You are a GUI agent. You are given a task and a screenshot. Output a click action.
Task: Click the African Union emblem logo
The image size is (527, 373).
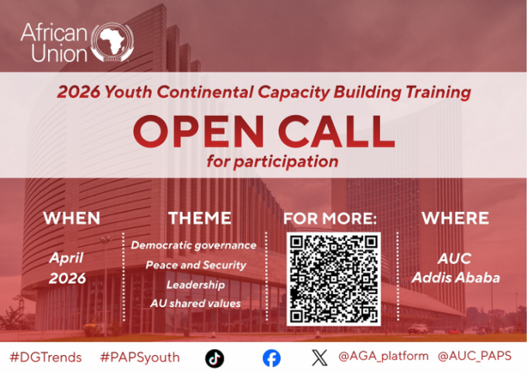(112, 43)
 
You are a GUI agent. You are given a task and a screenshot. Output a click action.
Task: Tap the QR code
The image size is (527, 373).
(334, 279)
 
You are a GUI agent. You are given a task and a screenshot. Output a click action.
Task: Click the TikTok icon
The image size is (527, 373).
(214, 358)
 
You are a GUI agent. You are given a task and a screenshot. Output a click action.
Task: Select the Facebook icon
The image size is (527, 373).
(271, 358)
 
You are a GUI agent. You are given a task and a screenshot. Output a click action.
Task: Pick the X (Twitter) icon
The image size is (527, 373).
(319, 358)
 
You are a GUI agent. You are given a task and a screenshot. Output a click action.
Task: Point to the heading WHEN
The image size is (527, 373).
(71, 219)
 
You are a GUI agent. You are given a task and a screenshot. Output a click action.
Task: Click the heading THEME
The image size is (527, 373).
(200, 219)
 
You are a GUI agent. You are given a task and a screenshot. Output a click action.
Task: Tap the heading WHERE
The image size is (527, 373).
(455, 219)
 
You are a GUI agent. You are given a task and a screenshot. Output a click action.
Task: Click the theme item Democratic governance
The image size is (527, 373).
(193, 245)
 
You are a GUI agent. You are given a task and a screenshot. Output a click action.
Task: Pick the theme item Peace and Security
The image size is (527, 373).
(196, 265)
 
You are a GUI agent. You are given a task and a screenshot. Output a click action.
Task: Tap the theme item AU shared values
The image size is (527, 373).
(195, 303)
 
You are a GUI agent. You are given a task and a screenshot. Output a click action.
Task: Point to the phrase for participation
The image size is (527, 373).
(272, 163)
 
